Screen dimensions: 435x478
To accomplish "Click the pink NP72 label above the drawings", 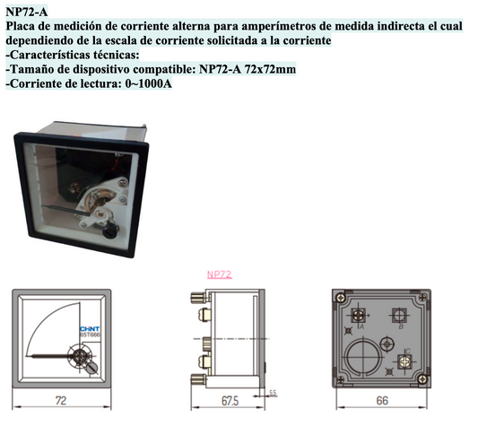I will tap(220, 274).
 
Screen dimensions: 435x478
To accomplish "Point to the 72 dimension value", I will tap(60, 402).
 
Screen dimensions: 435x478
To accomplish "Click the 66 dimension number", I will tap(381, 402).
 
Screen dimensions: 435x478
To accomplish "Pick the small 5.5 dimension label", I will tap(274, 392).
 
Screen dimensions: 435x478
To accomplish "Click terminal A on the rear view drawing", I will tap(358, 316).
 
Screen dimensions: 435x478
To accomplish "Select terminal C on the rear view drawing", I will tap(404, 360).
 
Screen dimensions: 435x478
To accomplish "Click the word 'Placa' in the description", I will tap(22, 27).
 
